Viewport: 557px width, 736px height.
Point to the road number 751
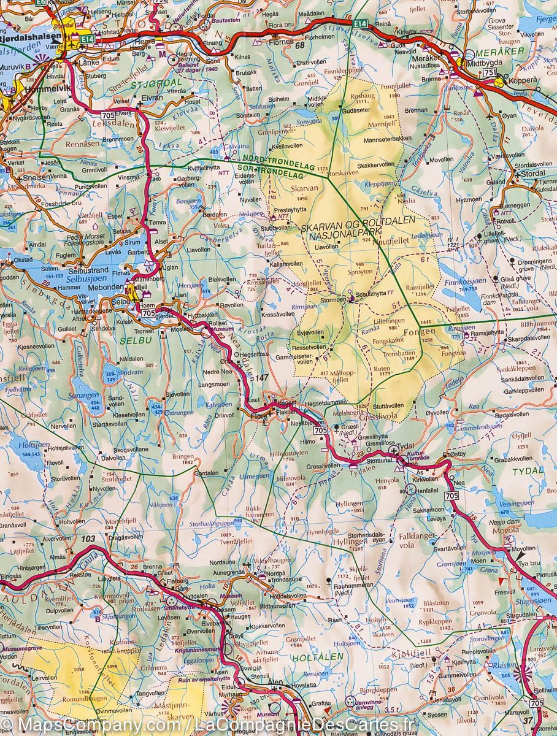coord(490,72)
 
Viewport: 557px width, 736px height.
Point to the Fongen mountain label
coord(420,331)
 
